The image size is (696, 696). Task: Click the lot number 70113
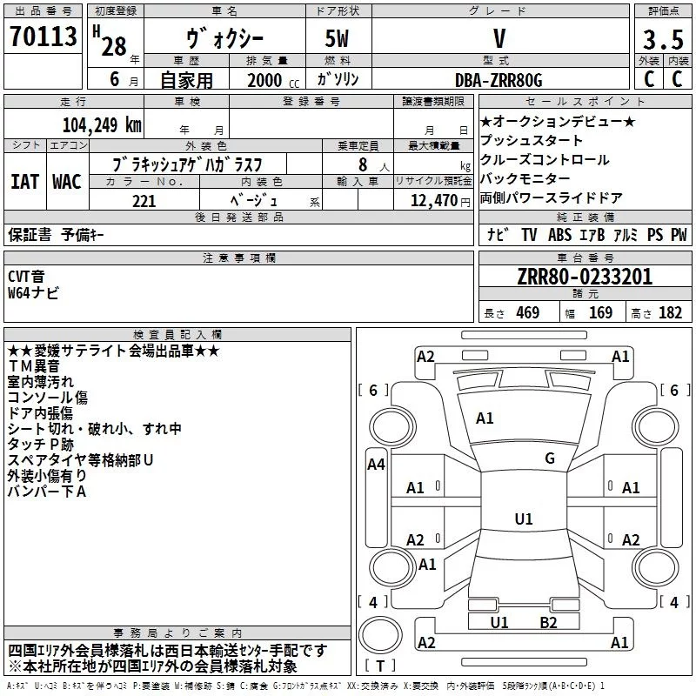43,36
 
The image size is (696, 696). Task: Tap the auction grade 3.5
663,39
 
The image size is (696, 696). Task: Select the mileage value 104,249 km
102,125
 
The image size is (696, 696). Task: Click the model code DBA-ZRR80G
499,80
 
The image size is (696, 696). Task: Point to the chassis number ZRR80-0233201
585,277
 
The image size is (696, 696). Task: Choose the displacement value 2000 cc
273,80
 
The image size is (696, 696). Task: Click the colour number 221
144,201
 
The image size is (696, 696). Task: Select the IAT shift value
24,182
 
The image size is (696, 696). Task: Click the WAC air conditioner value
67,182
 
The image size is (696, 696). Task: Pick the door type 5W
337,38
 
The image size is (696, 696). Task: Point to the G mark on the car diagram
550,458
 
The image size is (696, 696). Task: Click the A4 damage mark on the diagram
376,465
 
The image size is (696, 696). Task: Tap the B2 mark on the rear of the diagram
548,623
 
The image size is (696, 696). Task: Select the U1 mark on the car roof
524,519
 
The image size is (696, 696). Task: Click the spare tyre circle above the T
380,634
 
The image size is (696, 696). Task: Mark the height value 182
670,312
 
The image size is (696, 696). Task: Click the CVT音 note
26,276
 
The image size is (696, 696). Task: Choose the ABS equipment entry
559,235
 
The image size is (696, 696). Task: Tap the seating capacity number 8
363,164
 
